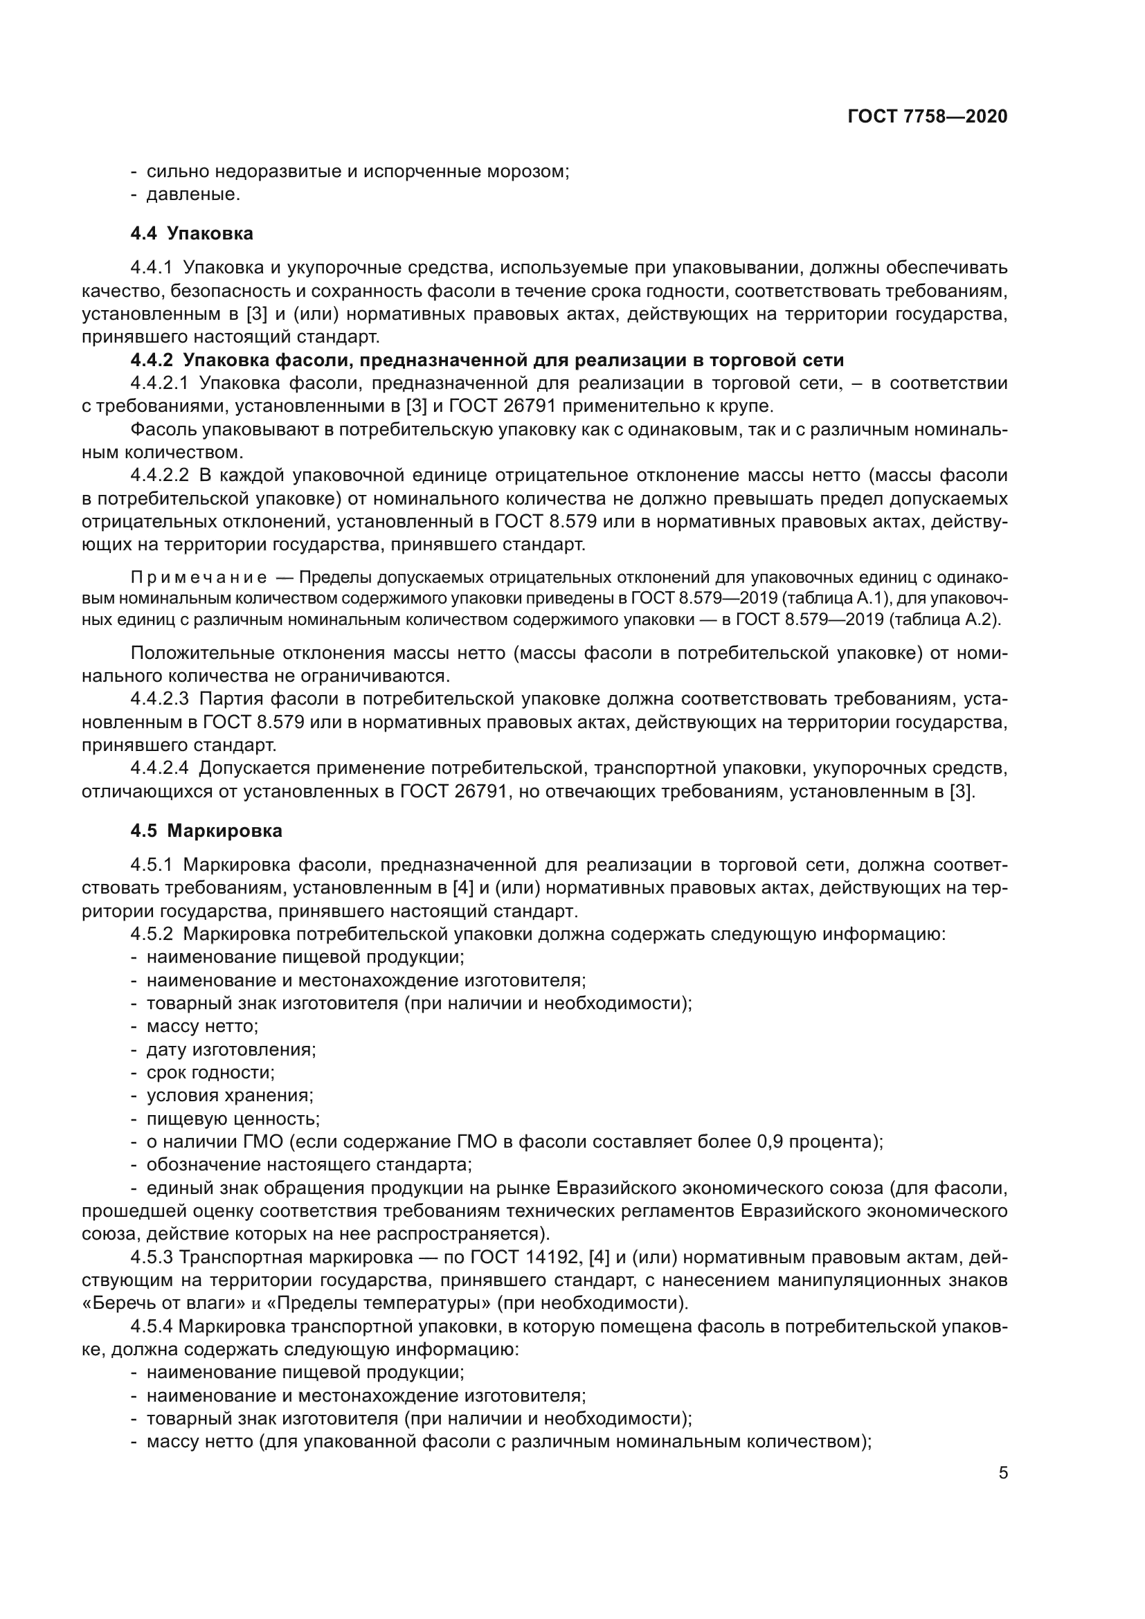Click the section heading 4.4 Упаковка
(192, 233)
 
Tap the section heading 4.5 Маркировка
(206, 831)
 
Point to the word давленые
(193, 195)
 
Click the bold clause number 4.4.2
(151, 361)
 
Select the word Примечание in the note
(199, 578)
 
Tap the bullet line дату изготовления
(231, 1049)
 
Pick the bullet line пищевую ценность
(233, 1119)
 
